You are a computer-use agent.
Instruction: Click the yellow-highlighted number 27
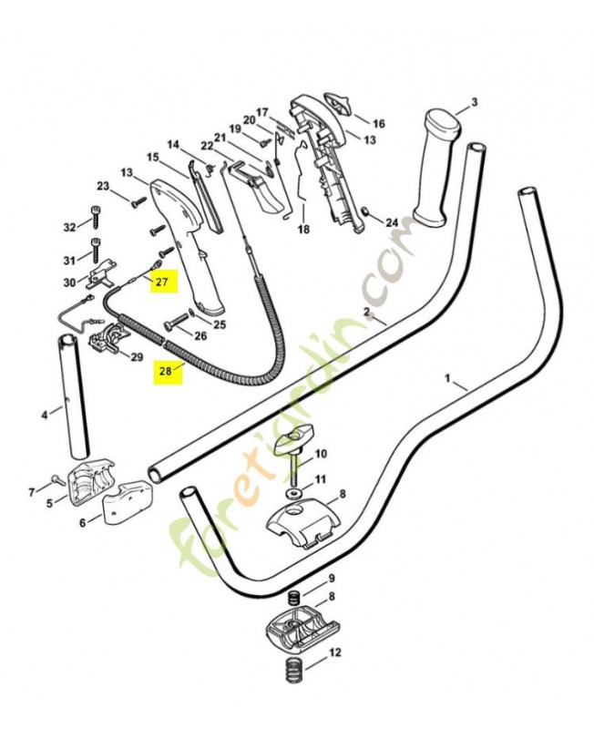coord(163,281)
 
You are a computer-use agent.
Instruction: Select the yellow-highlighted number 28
coord(167,371)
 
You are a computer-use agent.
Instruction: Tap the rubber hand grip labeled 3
coord(436,169)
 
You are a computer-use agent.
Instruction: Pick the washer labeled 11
coord(293,492)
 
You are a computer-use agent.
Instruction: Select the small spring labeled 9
coord(294,597)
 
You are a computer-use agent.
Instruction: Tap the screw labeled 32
coord(96,217)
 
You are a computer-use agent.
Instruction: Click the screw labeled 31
coord(97,251)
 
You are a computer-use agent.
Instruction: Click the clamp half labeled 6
coord(126,503)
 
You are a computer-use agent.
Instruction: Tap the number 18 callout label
coord(303,230)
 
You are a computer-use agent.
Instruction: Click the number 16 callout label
coord(379,124)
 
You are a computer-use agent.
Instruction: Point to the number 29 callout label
coord(136,357)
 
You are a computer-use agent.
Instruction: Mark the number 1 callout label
coord(447,379)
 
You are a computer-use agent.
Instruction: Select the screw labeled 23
coord(138,202)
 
